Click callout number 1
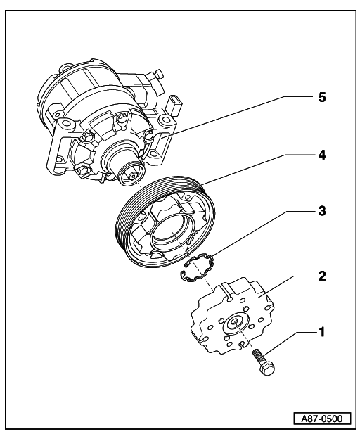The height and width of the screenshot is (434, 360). point(321,332)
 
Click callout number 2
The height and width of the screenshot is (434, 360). point(322,276)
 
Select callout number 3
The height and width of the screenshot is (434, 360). point(321,210)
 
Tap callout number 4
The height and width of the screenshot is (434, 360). point(321,155)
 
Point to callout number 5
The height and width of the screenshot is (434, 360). point(322,97)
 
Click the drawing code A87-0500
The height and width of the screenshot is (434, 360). point(322,418)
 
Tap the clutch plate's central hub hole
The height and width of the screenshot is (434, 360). point(235,321)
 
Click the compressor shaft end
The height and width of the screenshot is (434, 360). point(132,174)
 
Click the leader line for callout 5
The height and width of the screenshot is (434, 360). point(238,117)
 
